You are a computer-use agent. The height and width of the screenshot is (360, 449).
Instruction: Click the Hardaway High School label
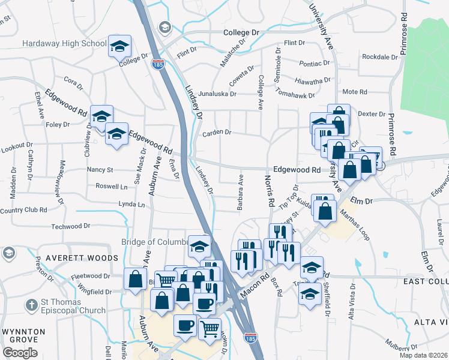[x=64, y=44]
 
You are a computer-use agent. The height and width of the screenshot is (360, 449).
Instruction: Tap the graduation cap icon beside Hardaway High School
[x=119, y=46]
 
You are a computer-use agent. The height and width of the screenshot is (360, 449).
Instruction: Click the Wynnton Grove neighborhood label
[x=23, y=335]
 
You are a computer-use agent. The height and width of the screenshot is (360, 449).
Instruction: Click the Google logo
[x=20, y=353]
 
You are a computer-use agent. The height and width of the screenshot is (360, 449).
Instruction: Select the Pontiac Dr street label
[x=315, y=63]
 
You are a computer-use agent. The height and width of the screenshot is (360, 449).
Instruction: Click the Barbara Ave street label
[x=240, y=191]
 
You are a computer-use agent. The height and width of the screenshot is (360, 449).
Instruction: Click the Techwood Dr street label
[x=70, y=226]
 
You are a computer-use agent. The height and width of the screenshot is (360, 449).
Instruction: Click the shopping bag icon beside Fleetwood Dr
[x=135, y=278]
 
